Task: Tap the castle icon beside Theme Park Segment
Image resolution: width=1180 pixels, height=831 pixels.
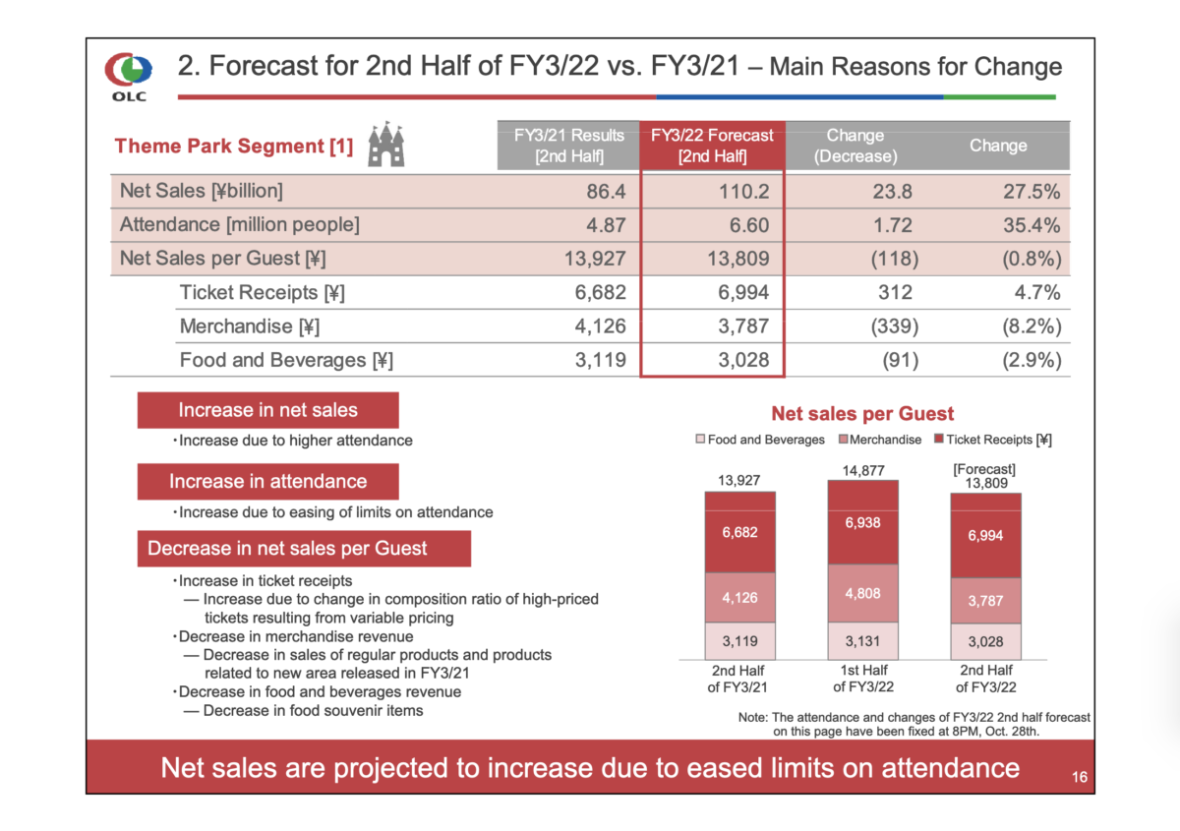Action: tap(385, 147)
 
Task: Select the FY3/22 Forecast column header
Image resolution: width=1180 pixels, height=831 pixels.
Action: tap(712, 146)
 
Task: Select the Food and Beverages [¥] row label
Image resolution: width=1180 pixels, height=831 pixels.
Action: tap(286, 361)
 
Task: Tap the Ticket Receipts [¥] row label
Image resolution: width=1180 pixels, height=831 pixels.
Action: tap(262, 293)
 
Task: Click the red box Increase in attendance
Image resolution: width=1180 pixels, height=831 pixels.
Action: tap(267, 481)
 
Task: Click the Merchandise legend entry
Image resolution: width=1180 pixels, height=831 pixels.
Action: tap(881, 440)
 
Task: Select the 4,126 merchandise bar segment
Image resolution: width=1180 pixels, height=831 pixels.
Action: tap(739, 597)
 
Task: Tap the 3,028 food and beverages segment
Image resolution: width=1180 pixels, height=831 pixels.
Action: tap(985, 641)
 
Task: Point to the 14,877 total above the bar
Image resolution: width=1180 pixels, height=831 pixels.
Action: tap(862, 471)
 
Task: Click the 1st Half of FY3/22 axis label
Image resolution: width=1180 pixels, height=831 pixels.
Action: tap(862, 678)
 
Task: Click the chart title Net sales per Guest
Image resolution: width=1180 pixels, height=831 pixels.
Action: tap(862, 414)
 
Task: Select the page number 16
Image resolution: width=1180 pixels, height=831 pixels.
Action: tap(1079, 778)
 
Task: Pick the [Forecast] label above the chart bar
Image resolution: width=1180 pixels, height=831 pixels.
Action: tap(984, 469)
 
